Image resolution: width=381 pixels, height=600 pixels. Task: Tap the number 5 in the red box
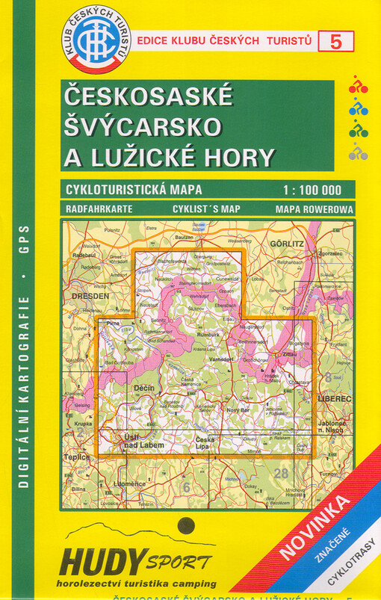tap(335, 41)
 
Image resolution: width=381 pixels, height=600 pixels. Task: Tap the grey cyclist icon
tap(358, 154)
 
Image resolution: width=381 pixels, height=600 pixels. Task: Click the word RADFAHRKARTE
tap(99, 208)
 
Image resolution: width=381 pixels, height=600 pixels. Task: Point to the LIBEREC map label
tap(333, 400)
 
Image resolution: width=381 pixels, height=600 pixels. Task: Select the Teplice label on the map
tap(77, 457)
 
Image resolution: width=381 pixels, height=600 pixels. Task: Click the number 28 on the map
tap(281, 473)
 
